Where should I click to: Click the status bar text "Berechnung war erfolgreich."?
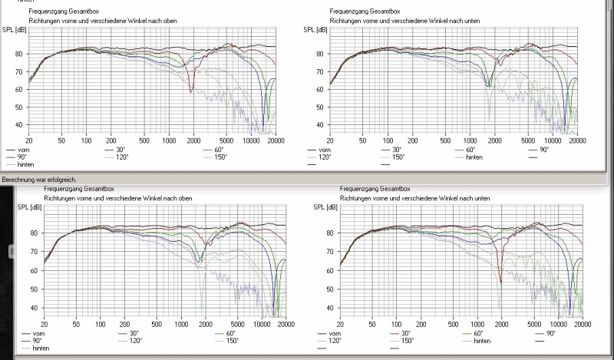click(x=38, y=179)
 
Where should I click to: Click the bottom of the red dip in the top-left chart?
click(x=191, y=92)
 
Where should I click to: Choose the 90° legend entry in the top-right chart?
click(x=541, y=150)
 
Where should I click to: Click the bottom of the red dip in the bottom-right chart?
click(x=500, y=282)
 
